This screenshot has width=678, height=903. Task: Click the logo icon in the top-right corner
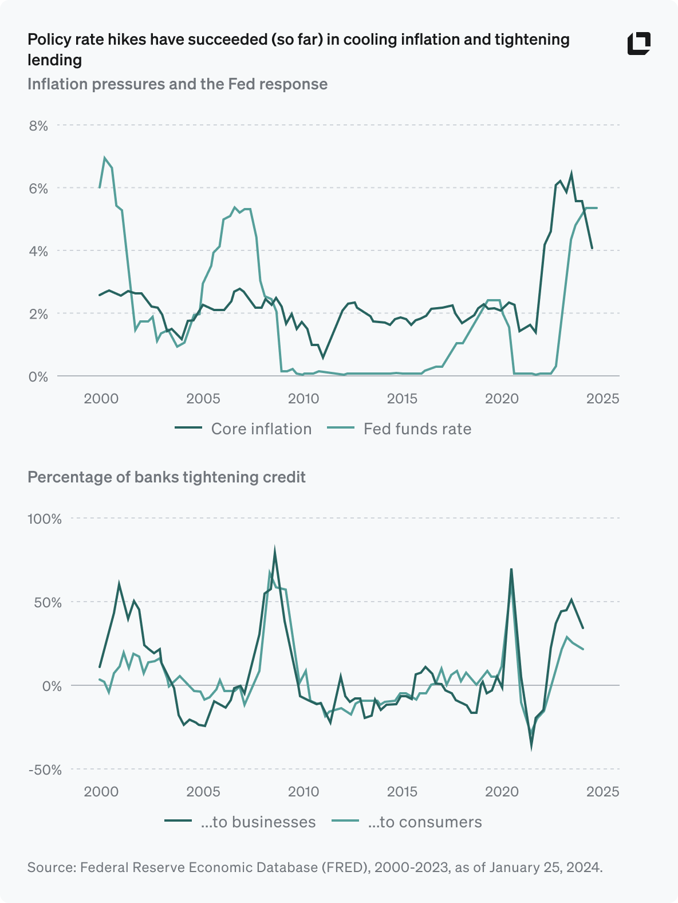click(x=638, y=44)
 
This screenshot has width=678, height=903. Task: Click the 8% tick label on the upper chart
click(x=38, y=125)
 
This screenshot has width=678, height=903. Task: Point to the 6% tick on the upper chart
click(x=38, y=189)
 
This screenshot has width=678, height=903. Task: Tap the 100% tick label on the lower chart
click(x=44, y=519)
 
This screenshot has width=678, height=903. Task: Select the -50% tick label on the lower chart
click(x=45, y=769)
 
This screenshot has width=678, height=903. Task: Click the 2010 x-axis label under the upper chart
click(x=303, y=398)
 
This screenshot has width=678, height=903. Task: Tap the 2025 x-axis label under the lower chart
click(x=602, y=791)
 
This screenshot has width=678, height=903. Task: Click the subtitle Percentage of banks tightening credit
click(x=166, y=477)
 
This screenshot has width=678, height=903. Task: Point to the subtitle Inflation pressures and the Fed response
click(x=178, y=84)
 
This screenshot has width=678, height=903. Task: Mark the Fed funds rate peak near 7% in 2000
click(x=105, y=158)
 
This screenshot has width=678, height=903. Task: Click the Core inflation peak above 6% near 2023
click(x=571, y=173)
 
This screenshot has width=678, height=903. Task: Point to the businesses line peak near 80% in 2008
click(x=275, y=551)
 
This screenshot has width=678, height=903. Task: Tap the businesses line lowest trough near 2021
click(x=531, y=746)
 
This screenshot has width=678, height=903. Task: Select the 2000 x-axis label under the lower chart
click(x=101, y=791)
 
